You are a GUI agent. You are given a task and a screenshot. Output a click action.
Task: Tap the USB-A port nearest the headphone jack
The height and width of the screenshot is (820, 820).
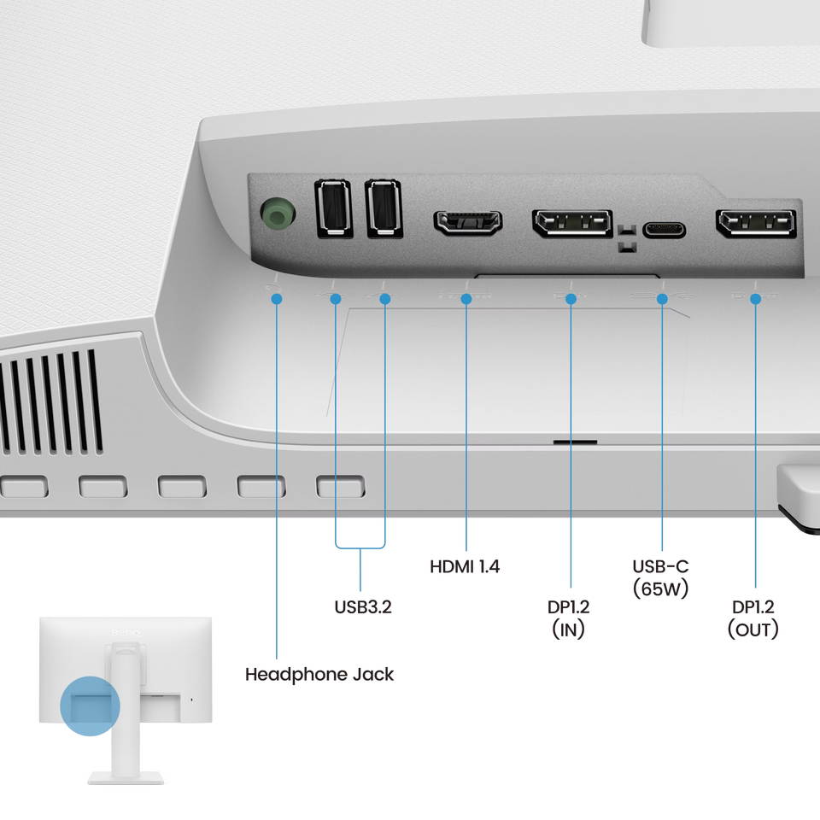pyautogui.click(x=332, y=207)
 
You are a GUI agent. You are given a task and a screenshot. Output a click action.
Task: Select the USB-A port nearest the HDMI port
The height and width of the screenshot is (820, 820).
pyautogui.click(x=384, y=207)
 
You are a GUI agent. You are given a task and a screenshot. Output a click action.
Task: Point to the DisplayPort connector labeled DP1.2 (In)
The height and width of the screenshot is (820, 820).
pyautogui.click(x=572, y=224)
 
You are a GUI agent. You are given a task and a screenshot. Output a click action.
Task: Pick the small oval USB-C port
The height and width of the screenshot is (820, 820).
pyautogui.click(x=663, y=230)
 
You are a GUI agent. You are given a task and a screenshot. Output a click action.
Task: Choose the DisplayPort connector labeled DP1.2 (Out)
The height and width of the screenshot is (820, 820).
pyautogui.click(x=756, y=224)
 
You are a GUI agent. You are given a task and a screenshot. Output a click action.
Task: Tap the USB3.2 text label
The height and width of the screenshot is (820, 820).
pyautogui.click(x=363, y=608)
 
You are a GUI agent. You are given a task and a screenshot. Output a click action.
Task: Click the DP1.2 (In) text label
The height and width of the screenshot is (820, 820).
pyautogui.click(x=570, y=618)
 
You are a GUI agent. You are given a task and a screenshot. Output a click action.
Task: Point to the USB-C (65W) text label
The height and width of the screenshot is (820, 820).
pyautogui.click(x=660, y=577)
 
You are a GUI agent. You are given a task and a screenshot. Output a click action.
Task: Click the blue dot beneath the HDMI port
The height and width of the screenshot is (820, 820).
pyautogui.click(x=466, y=299)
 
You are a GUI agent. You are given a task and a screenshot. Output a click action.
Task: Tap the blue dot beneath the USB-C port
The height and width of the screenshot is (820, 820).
pyautogui.click(x=662, y=299)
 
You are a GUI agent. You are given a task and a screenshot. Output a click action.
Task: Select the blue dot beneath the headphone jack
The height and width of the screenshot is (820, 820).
pyautogui.click(x=277, y=299)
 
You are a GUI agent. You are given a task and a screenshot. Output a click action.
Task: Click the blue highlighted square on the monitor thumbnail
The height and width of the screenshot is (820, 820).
pyautogui.click(x=91, y=706)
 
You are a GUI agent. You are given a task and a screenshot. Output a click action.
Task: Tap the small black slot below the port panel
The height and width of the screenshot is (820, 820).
pyautogui.click(x=575, y=443)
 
